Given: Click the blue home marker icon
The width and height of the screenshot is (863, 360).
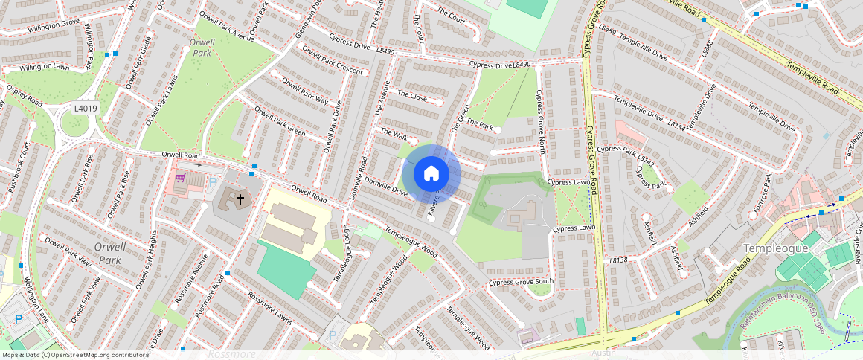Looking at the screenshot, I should [431, 174].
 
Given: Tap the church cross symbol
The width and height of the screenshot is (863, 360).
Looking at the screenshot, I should [240, 199].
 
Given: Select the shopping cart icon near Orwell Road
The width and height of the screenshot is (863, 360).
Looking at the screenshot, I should [179, 179].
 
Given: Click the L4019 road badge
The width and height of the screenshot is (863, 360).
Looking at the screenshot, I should [85, 109].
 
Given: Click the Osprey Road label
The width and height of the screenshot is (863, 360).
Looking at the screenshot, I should [25, 94].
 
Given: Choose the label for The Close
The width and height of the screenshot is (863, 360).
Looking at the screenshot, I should [412, 95].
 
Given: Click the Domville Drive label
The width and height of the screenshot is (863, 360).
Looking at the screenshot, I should [385, 186].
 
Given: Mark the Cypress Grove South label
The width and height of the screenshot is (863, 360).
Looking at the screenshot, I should [521, 282].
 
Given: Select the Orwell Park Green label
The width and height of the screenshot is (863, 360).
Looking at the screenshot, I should [280, 121].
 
